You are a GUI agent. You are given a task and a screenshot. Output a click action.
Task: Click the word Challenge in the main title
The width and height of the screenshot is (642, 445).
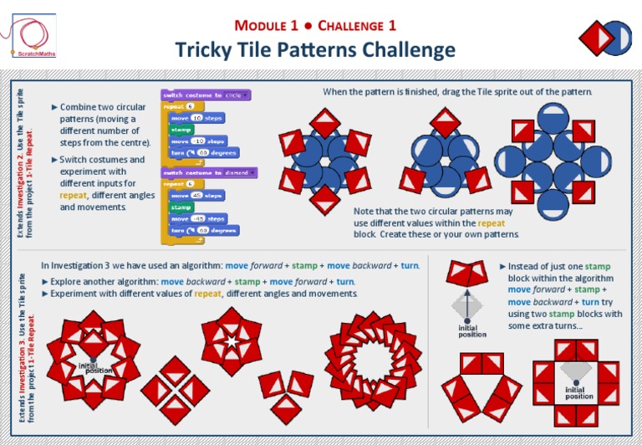[x=359, y=27]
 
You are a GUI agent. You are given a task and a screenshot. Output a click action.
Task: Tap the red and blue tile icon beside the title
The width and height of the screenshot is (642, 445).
[x=604, y=38]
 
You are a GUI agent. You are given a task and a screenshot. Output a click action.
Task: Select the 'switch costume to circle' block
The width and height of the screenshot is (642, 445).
[x=206, y=95]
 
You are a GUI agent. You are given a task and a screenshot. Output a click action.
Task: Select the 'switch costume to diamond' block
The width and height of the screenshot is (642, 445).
[x=209, y=172]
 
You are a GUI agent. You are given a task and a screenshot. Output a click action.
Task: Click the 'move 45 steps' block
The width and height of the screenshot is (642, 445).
[x=197, y=195]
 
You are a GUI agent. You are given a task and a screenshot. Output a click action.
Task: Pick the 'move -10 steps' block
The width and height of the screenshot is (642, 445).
[x=198, y=141]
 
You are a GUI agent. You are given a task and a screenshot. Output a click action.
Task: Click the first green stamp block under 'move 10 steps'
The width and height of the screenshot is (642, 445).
[x=181, y=130]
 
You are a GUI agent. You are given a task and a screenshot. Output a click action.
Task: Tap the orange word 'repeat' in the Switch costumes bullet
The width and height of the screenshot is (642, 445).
[x=73, y=195]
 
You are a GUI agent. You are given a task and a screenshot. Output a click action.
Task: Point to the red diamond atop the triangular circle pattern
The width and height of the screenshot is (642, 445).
[x=442, y=123]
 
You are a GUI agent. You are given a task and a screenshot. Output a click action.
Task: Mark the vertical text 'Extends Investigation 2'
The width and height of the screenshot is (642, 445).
[x=23, y=159]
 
